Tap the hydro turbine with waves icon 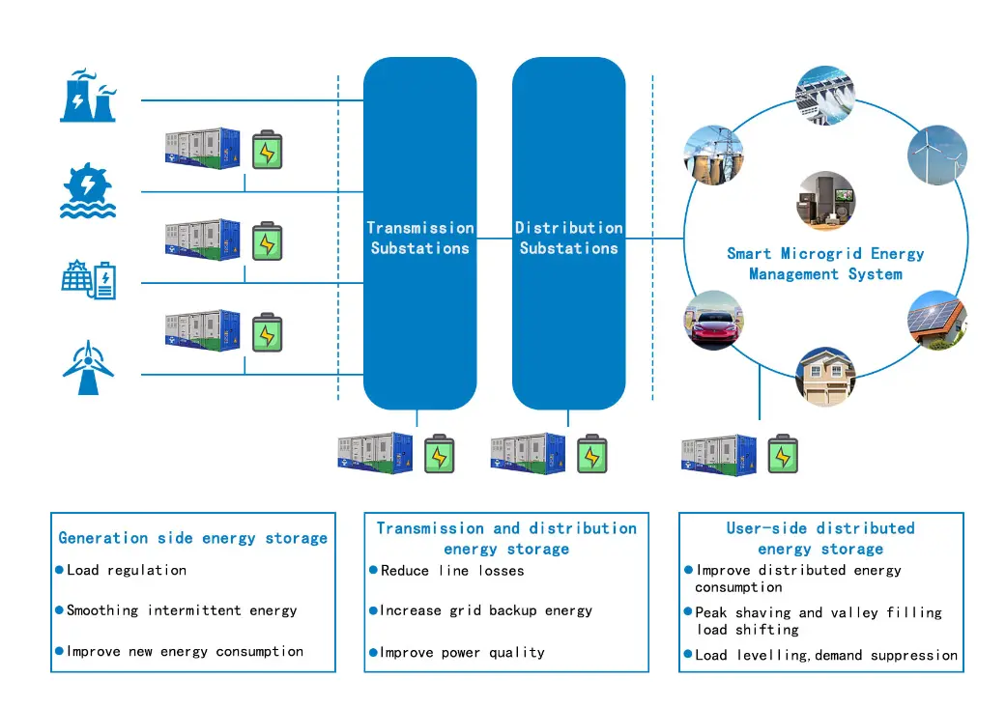[88, 190]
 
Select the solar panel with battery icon [88, 279]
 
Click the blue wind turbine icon [88, 368]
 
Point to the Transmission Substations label [419, 238]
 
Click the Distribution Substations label [568, 238]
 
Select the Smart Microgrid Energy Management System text [825, 264]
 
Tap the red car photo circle [713, 319]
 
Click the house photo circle [825, 377]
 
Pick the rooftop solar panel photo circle [936, 320]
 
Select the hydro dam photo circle [825, 95]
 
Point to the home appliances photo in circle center [825, 201]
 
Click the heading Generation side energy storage [193, 538]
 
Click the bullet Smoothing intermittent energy [182, 610]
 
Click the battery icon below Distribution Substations [591, 454]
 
